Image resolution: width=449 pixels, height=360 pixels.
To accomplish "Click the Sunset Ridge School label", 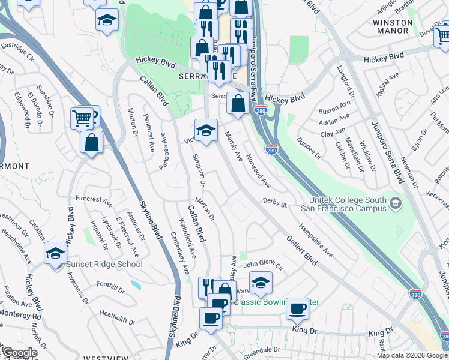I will pyautogui.click(x=105, y=264).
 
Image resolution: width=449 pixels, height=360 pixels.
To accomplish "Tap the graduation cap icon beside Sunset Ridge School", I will pyautogui.click(x=55, y=253).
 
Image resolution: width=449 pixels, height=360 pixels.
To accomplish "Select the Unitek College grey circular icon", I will pyautogui.click(x=395, y=203).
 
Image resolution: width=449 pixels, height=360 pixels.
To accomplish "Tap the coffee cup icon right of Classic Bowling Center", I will pyautogui.click(x=297, y=309).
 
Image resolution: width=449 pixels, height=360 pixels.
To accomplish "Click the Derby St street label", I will pyautogui.click(x=274, y=204).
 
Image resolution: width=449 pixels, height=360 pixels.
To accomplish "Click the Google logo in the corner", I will pyautogui.click(x=20, y=353).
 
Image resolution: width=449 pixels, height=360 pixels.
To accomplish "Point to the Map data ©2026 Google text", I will pyautogui.click(x=412, y=355).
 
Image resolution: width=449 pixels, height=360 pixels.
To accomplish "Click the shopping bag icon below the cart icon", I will pyautogui.click(x=91, y=143).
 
